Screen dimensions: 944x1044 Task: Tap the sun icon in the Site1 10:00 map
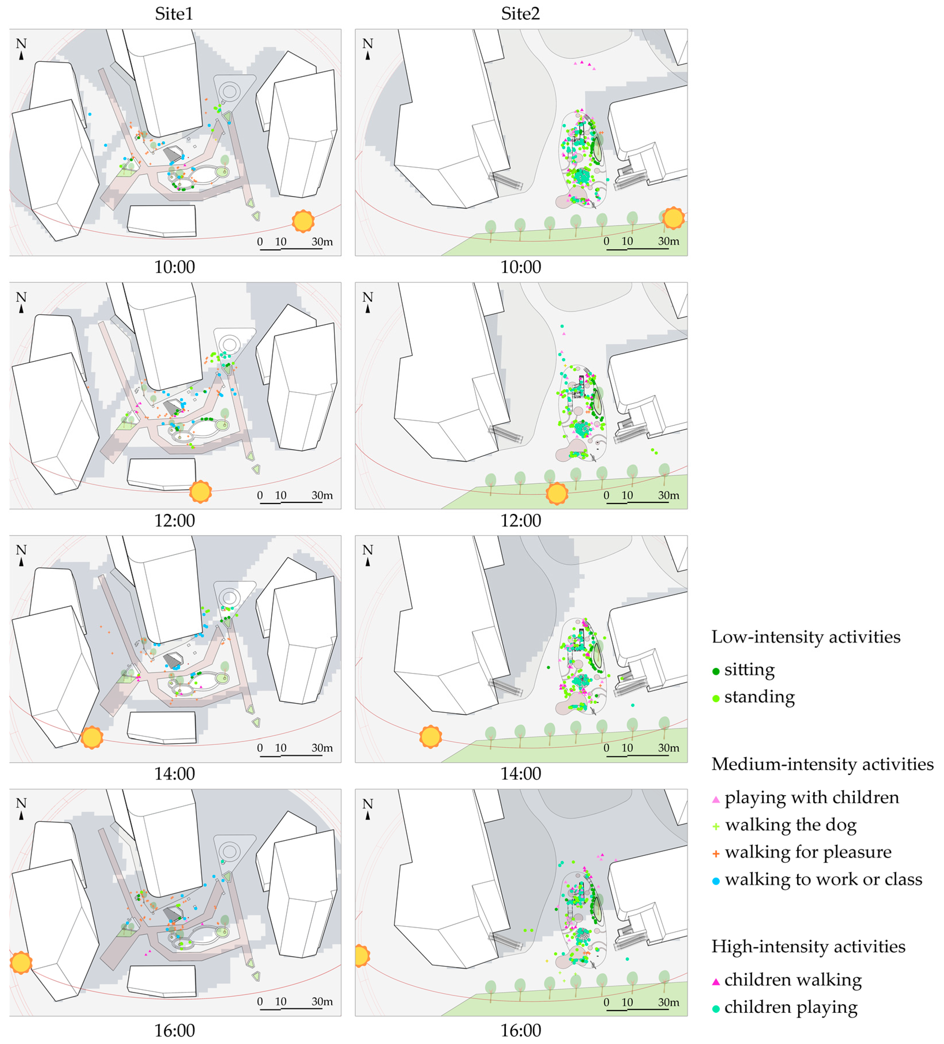pos(303,221)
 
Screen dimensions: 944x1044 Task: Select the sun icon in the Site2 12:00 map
pos(557,493)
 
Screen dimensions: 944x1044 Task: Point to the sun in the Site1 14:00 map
pos(92,737)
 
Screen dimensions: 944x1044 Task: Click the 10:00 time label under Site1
pos(174,267)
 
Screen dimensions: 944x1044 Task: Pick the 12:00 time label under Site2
pos(521,521)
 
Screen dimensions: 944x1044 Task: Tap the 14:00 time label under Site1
pos(174,774)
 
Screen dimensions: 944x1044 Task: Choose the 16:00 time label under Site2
pos(521,1030)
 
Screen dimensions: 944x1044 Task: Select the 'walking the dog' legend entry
pos(784,825)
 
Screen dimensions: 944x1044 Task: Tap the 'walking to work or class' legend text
pos(824,879)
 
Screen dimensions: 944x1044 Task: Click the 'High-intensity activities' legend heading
pos(809,946)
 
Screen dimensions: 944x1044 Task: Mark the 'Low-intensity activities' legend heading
pos(806,637)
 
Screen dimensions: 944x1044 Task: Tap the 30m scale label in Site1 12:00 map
pos(322,495)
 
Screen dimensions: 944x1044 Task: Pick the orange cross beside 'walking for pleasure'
pos(716,853)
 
